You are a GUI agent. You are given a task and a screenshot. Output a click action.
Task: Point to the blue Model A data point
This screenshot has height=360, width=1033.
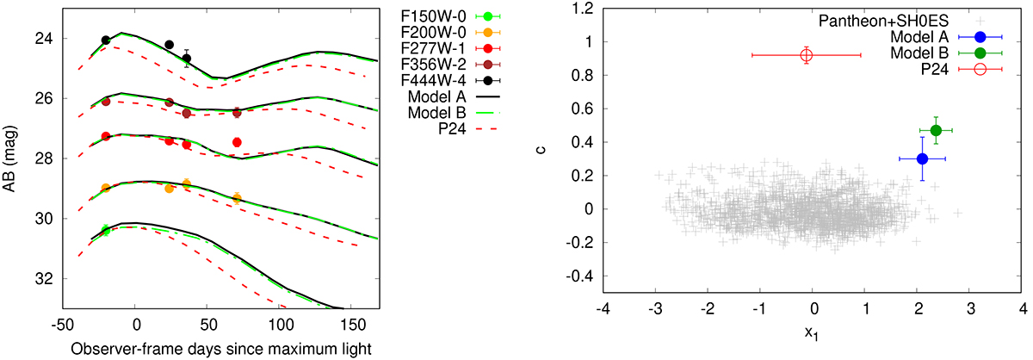tap(922, 158)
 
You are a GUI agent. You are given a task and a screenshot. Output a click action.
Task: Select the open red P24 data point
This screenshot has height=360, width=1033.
tap(807, 55)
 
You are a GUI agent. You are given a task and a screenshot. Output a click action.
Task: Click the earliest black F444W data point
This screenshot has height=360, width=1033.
tap(106, 40)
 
